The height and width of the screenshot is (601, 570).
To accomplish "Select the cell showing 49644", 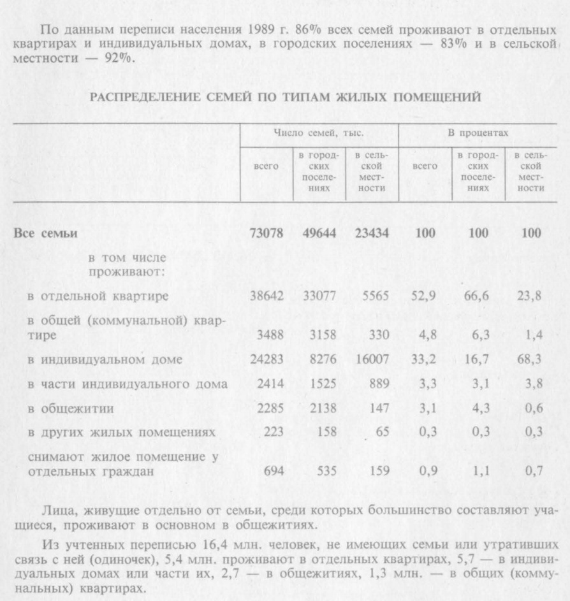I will click(x=317, y=234).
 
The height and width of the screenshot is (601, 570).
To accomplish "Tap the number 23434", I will click(x=369, y=234).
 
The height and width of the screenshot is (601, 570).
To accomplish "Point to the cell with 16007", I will click(x=371, y=359).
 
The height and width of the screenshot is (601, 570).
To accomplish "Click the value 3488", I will click(x=268, y=334).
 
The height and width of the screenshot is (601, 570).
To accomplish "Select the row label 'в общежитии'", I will click(x=61, y=409).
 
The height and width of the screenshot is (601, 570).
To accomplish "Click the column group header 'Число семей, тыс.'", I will click(x=318, y=133).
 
